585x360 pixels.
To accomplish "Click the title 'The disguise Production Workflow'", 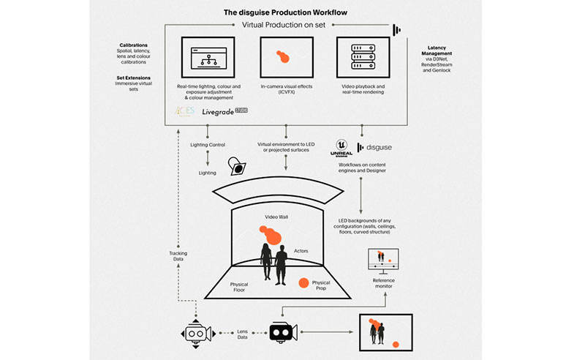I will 284,12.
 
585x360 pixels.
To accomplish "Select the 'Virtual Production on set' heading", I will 285,25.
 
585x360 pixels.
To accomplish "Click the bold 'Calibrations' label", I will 135,45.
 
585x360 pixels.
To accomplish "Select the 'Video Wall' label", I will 279,217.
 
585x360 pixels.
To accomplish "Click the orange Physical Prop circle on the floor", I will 303,282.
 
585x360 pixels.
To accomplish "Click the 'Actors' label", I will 301,250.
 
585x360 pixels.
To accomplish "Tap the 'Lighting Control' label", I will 208,145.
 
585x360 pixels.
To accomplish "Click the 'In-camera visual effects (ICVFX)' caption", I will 286,90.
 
